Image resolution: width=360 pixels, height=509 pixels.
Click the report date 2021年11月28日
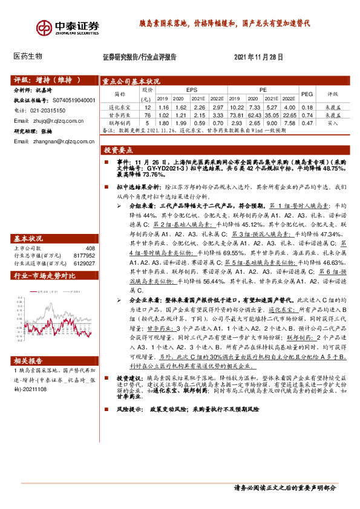(x=258, y=57)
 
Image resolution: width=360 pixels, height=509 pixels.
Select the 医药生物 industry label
(x=27, y=56)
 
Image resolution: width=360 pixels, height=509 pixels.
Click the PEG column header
(x=307, y=94)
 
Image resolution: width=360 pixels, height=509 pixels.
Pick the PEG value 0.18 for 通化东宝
(x=307, y=106)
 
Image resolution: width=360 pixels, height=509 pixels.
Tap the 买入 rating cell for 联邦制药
(x=333, y=122)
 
